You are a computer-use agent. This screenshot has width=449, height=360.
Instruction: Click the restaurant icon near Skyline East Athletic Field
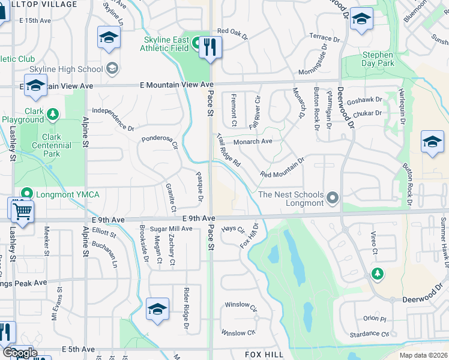(x=209, y=47)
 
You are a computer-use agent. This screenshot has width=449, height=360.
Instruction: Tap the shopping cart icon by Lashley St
(x=22, y=210)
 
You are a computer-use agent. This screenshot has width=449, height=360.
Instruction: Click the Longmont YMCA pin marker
(x=26, y=193)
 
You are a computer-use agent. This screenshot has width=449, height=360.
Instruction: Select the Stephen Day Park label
(x=378, y=58)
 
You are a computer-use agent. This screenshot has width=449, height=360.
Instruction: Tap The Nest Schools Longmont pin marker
(x=334, y=197)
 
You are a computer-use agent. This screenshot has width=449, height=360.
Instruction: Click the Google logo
(x=19, y=353)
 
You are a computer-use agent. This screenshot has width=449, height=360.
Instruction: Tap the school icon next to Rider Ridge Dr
(x=157, y=309)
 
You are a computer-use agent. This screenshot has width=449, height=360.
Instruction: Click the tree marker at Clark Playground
(x=53, y=113)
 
